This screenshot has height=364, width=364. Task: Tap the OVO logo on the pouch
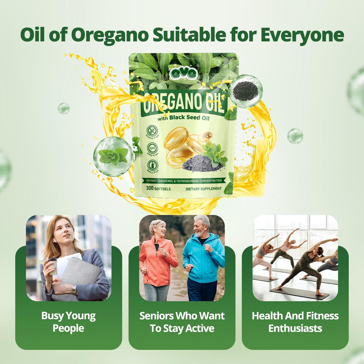pyautogui.click(x=183, y=73)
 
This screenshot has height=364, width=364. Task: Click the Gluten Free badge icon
pyautogui.click(x=152, y=130)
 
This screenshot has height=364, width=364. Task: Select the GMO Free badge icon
pyautogui.click(x=152, y=148)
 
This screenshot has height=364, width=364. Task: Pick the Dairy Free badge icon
pyautogui.click(x=152, y=165)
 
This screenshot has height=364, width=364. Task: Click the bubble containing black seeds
pyautogui.click(x=246, y=91)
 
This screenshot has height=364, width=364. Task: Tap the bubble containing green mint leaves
pyautogui.click(x=113, y=156)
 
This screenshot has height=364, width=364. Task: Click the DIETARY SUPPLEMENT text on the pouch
pyautogui.click(x=203, y=189)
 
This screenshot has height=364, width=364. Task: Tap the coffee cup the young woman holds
pyautogui.click(x=53, y=266)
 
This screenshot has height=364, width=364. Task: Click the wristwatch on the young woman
pyautogui.click(x=74, y=290)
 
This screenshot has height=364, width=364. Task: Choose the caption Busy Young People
pyautogui.click(x=68, y=322)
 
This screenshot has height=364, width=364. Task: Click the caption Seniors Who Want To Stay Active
pyautogui.click(x=182, y=322)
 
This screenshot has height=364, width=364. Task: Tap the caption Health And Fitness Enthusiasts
pyautogui.click(x=295, y=322)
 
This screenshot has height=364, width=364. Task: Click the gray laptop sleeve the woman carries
pyautogui.click(x=82, y=275)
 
